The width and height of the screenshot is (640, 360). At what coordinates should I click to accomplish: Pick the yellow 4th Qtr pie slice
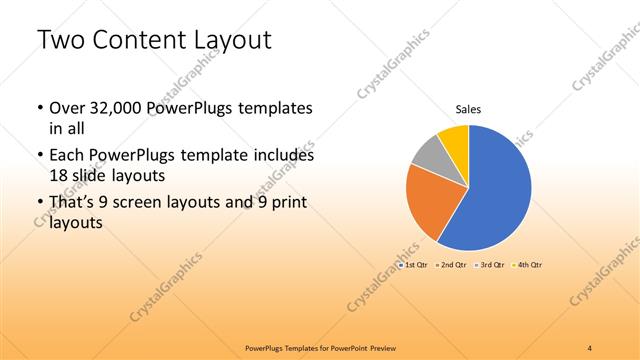click(x=455, y=137)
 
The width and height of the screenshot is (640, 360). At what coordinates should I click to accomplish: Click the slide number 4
click(x=590, y=347)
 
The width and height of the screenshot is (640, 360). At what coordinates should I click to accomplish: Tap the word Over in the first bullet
click(x=66, y=107)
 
